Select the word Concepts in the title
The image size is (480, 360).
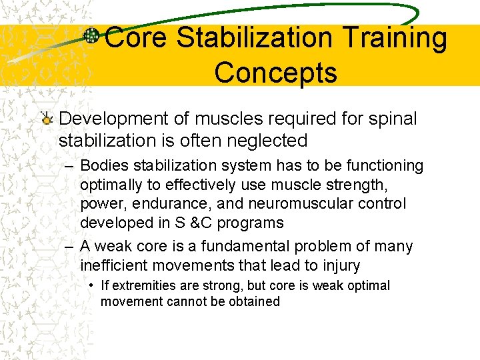275,73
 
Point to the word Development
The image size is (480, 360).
110,119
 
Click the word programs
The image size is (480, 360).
251,223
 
